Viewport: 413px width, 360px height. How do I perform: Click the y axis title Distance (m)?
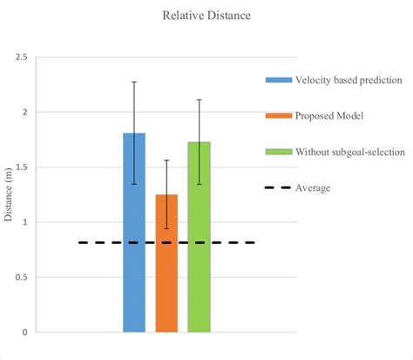pos(9,194)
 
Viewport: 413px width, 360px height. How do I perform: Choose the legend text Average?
pos(313,187)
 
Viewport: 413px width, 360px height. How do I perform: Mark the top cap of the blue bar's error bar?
pos(134,82)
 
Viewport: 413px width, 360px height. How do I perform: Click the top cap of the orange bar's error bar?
pos(166,160)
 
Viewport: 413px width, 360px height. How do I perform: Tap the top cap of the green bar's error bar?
pos(199,100)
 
